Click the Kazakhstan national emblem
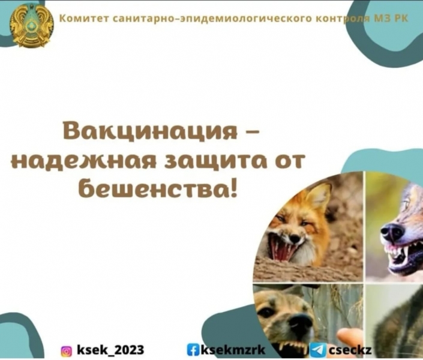[x=31, y=26]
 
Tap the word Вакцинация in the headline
[x=151, y=131]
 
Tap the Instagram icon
[x=67, y=351]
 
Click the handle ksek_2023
[x=110, y=350]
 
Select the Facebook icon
[x=192, y=350]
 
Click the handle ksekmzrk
[x=232, y=350]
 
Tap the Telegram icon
[x=319, y=350]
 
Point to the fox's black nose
[x=295, y=239]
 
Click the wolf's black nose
[x=393, y=232]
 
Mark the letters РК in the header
[x=401, y=18]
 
